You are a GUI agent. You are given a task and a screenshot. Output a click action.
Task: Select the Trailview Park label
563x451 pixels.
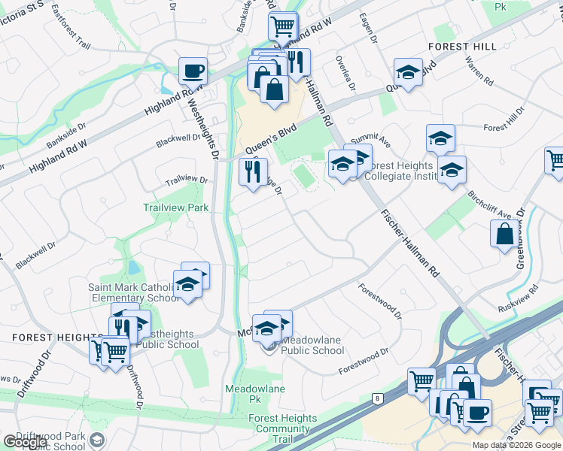click(x=175, y=207)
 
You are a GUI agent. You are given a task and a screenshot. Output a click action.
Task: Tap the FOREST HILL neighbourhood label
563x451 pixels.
click(x=462, y=46)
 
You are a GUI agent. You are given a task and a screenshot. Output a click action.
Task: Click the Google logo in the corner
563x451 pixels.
click(x=25, y=442)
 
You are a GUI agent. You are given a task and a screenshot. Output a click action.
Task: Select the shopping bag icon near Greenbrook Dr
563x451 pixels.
click(x=504, y=234)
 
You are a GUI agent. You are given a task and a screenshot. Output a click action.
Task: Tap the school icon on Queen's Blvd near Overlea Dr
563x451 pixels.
click(x=407, y=72)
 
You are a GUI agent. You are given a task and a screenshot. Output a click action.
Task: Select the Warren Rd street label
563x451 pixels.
click(x=479, y=71)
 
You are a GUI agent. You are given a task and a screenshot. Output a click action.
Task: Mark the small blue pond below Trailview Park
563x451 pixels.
click(x=133, y=267)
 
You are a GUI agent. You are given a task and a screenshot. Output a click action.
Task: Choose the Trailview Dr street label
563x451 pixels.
click(x=187, y=180)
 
